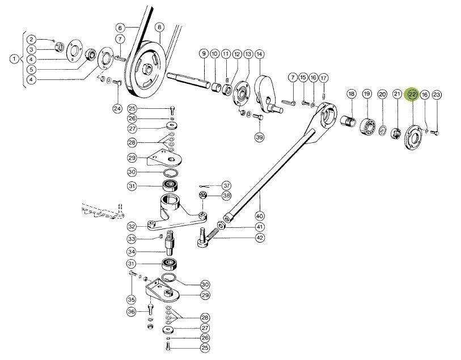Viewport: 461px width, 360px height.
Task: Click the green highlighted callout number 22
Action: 412,95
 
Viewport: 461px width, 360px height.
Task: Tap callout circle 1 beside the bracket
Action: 13,58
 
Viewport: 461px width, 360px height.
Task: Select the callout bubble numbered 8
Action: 159,27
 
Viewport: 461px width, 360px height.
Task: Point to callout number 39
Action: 259,137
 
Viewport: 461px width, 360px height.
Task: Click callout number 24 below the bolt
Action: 117,108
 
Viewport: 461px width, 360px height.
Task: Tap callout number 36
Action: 131,311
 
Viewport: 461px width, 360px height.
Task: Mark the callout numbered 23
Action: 436,95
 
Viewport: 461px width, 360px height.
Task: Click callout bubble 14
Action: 259,54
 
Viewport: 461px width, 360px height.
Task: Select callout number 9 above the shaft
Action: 203,54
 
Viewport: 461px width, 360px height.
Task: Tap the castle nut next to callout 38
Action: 203,196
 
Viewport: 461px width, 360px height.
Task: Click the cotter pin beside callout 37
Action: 204,186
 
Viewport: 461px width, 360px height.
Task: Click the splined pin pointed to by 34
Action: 171,244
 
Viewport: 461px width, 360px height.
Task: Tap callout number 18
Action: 352,94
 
